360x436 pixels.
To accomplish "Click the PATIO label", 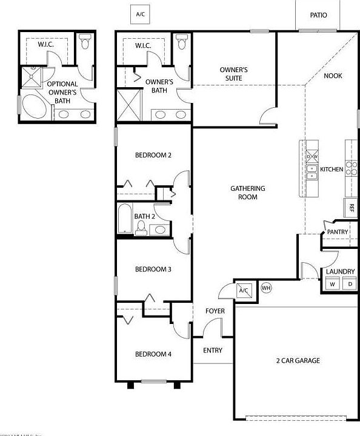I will [x=318, y=15].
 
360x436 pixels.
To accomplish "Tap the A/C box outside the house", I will [x=141, y=13].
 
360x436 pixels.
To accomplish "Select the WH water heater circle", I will [x=265, y=288].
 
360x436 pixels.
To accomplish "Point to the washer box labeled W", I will [x=332, y=284].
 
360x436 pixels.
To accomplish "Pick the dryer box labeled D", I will [x=350, y=284].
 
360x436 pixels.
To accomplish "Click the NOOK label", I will [x=333, y=76].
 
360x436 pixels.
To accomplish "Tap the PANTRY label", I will [x=338, y=232].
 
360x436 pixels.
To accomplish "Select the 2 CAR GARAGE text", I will [x=298, y=361].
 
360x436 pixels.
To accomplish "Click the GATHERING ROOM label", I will [x=248, y=193].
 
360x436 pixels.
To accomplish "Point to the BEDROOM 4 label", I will [x=153, y=354].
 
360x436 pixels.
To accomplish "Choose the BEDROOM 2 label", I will [x=153, y=155].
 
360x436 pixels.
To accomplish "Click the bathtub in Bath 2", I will [x=124, y=219].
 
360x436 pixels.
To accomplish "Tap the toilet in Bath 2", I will [x=141, y=227].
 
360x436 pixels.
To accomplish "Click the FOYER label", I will [x=215, y=311].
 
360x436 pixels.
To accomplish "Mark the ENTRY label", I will [x=213, y=350].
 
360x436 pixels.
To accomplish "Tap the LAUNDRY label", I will [x=340, y=271].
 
